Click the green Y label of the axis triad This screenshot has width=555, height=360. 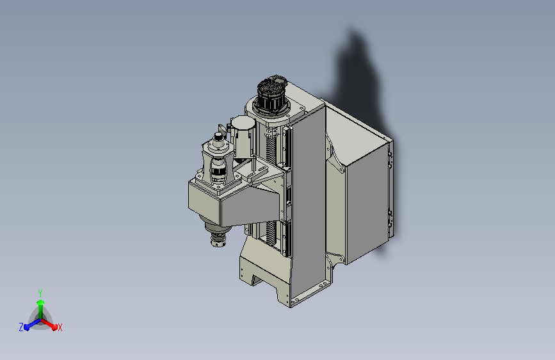click(x=40, y=293)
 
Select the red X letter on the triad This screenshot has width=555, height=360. click(x=60, y=328)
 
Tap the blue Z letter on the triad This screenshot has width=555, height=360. click(x=21, y=327)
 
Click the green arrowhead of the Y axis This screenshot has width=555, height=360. click(x=41, y=302)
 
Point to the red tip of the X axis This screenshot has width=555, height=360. click(x=54, y=327)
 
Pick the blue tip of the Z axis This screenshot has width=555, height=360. click(x=27, y=327)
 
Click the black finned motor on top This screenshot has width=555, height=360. click(x=272, y=94)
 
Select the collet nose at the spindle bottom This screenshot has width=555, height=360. click(x=218, y=238)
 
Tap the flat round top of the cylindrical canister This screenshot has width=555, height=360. click(x=243, y=123)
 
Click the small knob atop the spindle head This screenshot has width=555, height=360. click(x=218, y=136)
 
